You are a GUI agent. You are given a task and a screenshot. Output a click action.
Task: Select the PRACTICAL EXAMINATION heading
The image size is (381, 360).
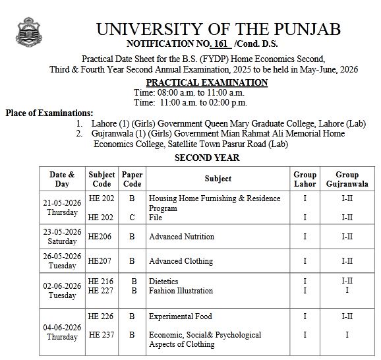[x=206, y=82]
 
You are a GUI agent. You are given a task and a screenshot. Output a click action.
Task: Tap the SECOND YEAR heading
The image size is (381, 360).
[x=207, y=158]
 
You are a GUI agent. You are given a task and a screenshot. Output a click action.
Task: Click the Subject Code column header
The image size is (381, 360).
[x=102, y=179]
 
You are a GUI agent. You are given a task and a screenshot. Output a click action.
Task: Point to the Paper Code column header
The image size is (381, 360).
[x=132, y=179]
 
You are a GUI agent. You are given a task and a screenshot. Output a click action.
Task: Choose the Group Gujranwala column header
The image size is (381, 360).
[x=347, y=179]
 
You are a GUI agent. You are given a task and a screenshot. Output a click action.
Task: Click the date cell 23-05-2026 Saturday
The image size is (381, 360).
[x=62, y=237]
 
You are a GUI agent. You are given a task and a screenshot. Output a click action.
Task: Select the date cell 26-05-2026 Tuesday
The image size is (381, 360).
[x=62, y=261]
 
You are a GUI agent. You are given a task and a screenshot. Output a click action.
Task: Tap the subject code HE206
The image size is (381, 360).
[x=99, y=237]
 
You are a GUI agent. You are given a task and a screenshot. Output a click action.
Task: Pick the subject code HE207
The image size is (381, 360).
[x=99, y=261]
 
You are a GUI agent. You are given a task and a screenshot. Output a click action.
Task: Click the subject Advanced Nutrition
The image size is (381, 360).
[x=181, y=237]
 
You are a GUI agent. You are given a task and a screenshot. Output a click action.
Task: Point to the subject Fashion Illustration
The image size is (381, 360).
[x=181, y=291]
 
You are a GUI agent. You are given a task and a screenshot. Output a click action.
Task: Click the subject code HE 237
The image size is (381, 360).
[x=101, y=335]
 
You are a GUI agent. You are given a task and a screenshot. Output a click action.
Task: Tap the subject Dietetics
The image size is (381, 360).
[x=163, y=282]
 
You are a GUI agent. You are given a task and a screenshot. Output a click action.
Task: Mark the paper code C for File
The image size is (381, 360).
[x=132, y=217]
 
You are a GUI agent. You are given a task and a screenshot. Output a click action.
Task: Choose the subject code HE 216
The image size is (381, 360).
[x=101, y=282]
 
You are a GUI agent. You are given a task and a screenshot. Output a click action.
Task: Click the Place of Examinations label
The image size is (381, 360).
[x=49, y=113]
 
